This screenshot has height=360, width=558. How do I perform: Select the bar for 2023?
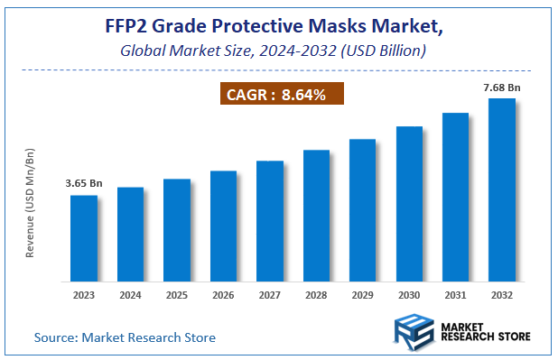tap(84, 236)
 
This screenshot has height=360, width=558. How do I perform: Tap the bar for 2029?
tap(362, 208)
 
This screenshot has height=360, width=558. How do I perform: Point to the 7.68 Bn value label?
tap(501, 88)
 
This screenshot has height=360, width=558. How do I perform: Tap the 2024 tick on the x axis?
tap(130, 294)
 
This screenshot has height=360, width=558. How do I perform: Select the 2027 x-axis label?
tap(269, 294)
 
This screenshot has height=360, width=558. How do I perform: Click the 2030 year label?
tap(409, 294)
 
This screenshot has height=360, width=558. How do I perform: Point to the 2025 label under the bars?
tap(177, 294)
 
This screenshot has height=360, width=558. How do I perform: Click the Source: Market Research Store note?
tap(125, 337)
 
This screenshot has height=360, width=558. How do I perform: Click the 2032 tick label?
tap(501, 294)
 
